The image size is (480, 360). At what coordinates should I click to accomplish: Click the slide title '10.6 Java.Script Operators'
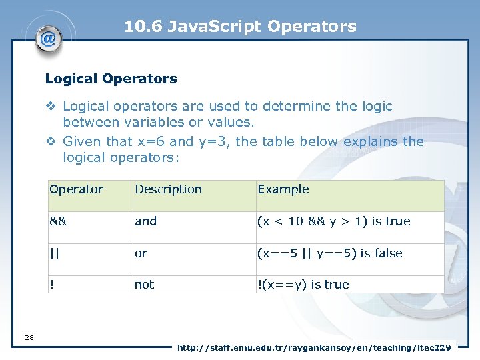240,27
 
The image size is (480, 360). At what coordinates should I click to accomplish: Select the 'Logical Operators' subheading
111,79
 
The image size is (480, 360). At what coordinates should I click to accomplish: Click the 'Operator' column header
76,189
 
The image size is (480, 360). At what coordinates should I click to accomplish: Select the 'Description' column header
168,189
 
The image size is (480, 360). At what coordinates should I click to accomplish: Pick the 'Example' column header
283,189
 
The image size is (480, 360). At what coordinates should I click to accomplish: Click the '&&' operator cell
58,221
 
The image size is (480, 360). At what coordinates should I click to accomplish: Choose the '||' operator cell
53,253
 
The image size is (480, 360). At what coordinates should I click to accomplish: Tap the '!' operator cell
51,285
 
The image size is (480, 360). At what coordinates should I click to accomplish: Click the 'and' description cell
145,221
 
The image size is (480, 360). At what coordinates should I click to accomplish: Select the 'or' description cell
141,253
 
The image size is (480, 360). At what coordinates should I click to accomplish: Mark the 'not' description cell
144,285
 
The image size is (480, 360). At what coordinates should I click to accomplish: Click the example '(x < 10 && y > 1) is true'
333,221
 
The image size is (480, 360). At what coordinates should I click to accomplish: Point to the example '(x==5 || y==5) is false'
330,253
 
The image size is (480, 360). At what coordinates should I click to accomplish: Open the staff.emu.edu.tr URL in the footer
313,347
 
